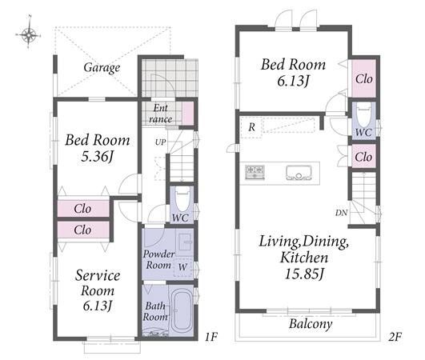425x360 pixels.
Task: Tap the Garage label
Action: coord(102,67)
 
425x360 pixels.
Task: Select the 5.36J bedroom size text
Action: coord(97,156)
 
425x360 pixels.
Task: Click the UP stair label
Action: coord(160,142)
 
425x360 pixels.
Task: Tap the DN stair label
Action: coord(341,213)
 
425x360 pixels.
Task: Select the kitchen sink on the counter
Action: coord(299,173)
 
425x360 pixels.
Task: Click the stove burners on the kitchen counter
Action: coord(255,172)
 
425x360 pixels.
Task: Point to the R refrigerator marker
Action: coord(252,126)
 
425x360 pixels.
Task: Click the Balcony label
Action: coord(311,324)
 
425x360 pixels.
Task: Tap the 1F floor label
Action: coord(210,337)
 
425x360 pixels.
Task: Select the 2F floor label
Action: coord(395,337)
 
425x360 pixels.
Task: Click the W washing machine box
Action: coord(182,267)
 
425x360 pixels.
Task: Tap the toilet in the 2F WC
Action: coord(363,116)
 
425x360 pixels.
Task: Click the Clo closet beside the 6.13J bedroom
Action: coord(363,79)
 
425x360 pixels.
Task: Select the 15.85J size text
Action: coord(304,274)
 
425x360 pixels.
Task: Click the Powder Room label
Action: coord(158,259)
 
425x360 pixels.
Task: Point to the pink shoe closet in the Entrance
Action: coord(187,114)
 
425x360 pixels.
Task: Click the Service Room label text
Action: coord(98,283)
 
